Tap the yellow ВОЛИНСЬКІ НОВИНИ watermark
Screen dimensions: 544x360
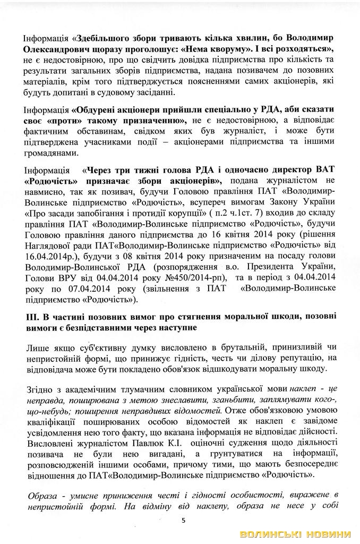coord(295,533)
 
